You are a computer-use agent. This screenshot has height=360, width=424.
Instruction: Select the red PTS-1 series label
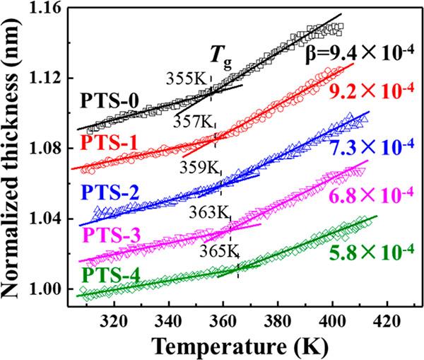pyautogui.click(x=105, y=144)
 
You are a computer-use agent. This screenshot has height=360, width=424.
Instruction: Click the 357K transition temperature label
pyautogui.click(x=193, y=118)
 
